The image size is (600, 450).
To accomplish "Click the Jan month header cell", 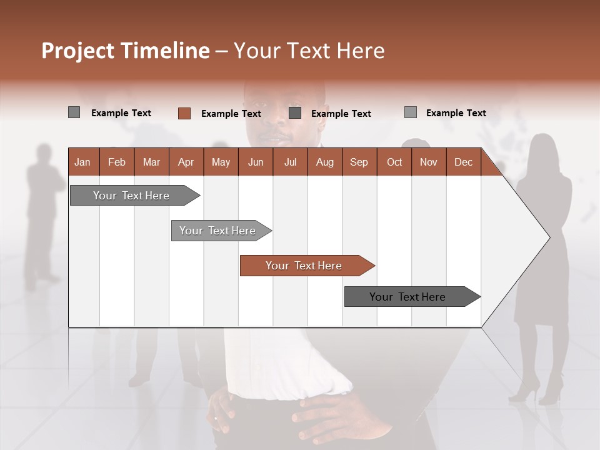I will click(83, 162).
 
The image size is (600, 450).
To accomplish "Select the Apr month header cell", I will click(186, 162).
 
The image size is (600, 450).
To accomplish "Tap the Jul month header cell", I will click(290, 162).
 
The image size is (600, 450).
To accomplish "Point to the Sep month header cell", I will click(359, 162).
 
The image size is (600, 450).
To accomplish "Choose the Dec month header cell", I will click(463, 162).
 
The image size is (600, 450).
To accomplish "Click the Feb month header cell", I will click(117, 162).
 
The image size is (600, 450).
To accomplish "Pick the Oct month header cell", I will click(394, 162).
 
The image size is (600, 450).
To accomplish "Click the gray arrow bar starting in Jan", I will click(131, 196).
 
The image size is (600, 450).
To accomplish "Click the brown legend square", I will click(184, 113).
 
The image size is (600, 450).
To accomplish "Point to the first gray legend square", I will click(74, 112).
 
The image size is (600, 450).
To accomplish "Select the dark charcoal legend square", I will click(295, 113).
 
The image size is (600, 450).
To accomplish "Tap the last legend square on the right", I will click(410, 112).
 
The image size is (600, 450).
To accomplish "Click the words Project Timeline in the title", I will click(125, 51).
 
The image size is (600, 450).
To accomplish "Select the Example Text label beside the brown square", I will click(231, 114).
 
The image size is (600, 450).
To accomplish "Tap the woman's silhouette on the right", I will click(541, 262).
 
